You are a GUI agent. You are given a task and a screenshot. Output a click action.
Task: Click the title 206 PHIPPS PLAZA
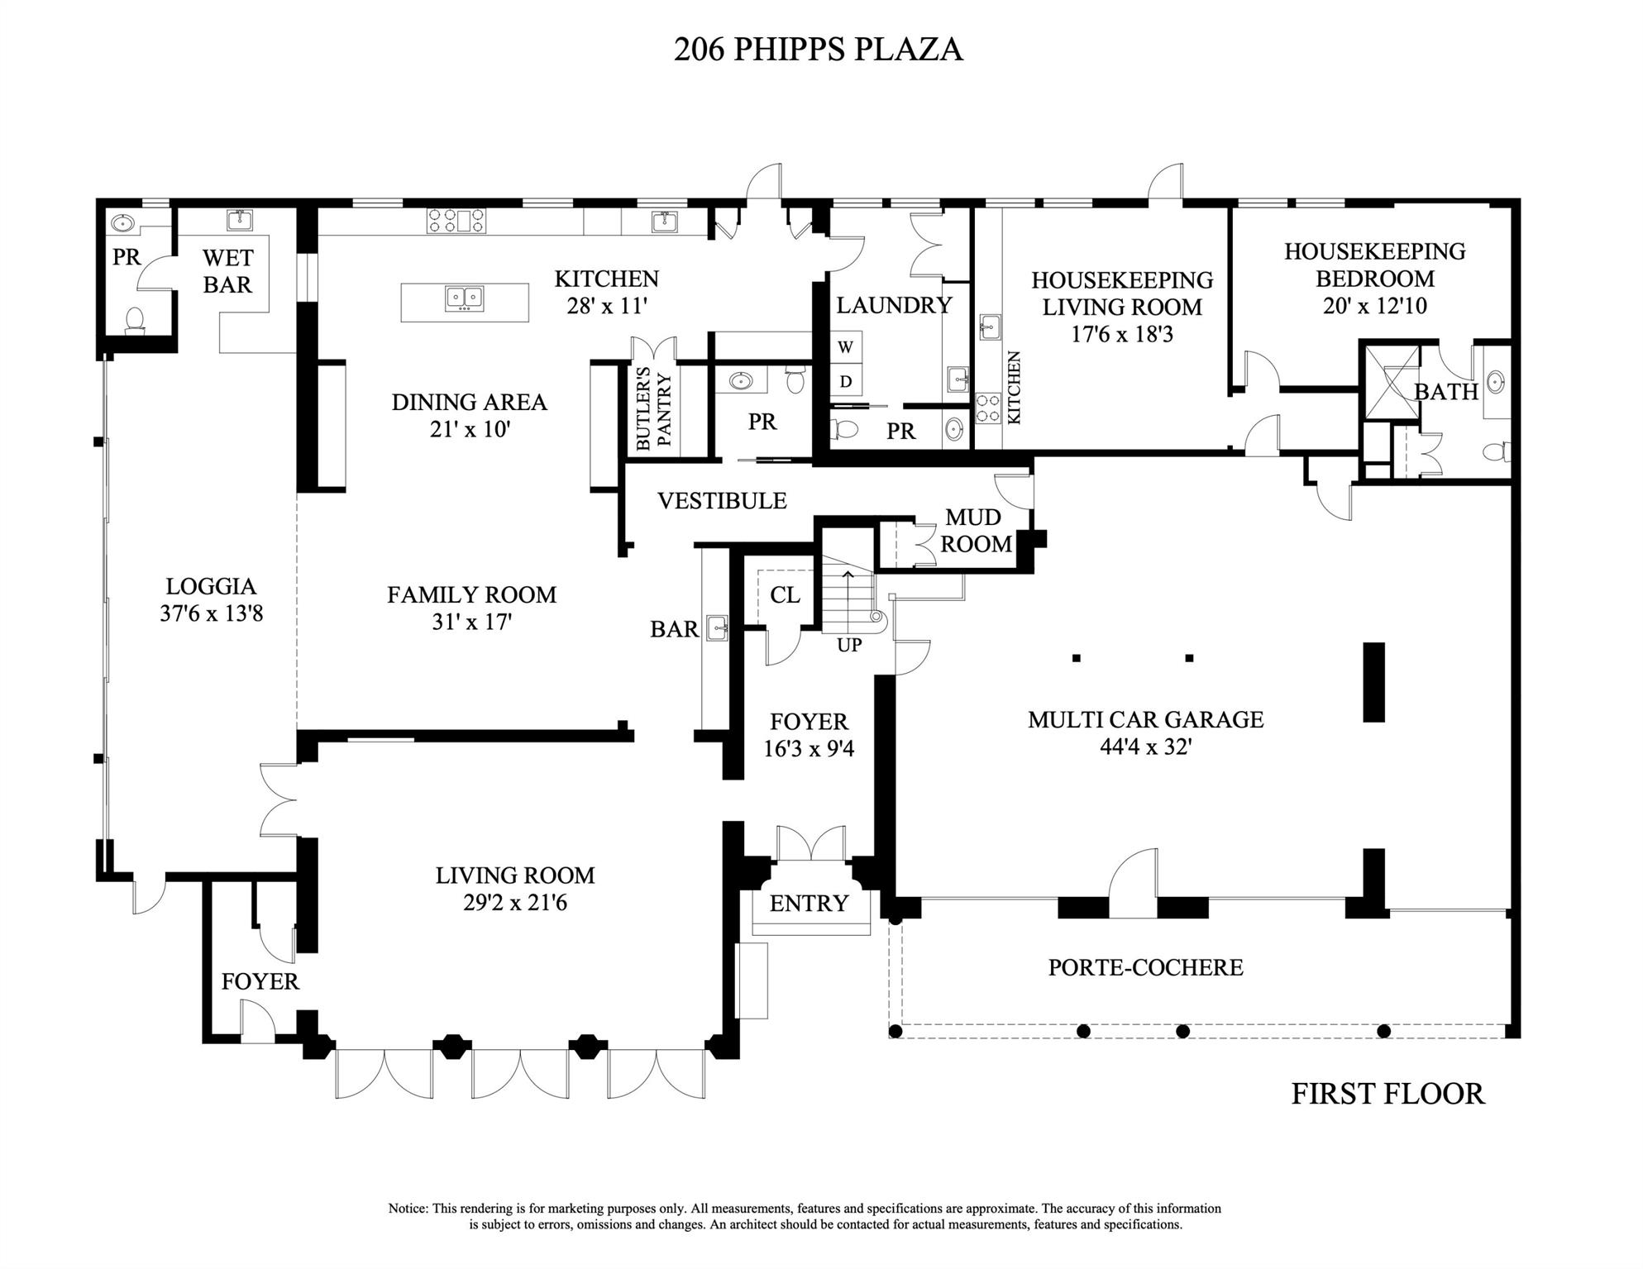point(817,50)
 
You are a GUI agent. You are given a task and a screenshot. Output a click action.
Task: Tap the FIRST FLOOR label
point(1387,1094)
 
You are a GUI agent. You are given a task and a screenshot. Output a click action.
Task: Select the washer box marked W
point(845,347)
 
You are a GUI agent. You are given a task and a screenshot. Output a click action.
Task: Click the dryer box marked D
point(845,381)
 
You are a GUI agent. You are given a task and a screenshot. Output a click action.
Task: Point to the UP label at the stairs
point(849,646)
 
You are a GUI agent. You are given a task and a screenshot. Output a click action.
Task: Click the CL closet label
point(784,595)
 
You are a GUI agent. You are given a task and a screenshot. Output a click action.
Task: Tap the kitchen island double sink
point(464,298)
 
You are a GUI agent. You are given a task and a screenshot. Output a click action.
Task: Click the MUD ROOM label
point(976,531)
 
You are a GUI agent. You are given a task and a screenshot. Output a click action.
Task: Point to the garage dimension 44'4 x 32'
point(1145,747)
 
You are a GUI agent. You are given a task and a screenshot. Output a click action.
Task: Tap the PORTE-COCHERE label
point(1145,967)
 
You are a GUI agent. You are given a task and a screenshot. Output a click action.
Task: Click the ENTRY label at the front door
point(809,904)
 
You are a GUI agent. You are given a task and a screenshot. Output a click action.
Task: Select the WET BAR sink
point(240,220)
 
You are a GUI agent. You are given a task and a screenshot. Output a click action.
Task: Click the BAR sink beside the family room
point(718,628)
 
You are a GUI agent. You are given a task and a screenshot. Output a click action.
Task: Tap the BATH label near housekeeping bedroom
point(1445,392)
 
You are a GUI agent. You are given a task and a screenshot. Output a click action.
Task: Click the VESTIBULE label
point(722,501)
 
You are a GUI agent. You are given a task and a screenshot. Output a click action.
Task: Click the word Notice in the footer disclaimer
point(408,1209)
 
